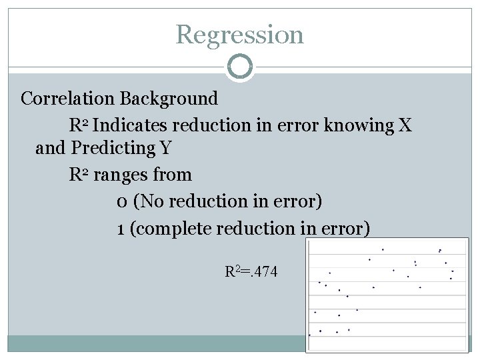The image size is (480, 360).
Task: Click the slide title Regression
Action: tap(240, 34)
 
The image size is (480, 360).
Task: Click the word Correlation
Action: tap(68, 99)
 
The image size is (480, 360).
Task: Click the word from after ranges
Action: tap(172, 175)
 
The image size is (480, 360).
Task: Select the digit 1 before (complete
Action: tap(119, 229)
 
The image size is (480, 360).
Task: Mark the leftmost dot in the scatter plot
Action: tap(310, 335)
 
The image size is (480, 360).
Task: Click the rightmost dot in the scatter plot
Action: tap(453, 271)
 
